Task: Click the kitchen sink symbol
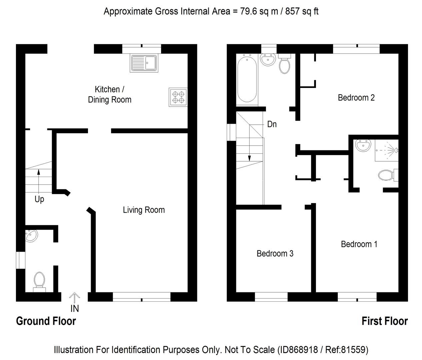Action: pyautogui.click(x=144, y=63)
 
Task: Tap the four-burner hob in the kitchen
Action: pyautogui.click(x=178, y=97)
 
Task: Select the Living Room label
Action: pyautogui.click(x=144, y=210)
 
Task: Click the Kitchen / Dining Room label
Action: pyautogui.click(x=110, y=94)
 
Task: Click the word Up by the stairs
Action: pyautogui.click(x=39, y=199)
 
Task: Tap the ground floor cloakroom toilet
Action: pyautogui.click(x=39, y=280)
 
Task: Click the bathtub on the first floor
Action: pyautogui.click(x=247, y=79)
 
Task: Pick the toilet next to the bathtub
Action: pyautogui.click(x=284, y=65)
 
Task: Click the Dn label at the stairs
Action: pyautogui.click(x=272, y=124)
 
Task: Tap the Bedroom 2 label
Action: pyautogui.click(x=356, y=98)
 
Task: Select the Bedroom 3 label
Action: pyautogui.click(x=275, y=254)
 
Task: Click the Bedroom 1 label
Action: pyautogui.click(x=359, y=244)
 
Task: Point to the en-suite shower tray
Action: pyautogui.click(x=387, y=150)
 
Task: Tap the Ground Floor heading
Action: pyautogui.click(x=46, y=321)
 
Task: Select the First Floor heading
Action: pyautogui.click(x=385, y=321)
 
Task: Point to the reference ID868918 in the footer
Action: pyautogui.click(x=296, y=350)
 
